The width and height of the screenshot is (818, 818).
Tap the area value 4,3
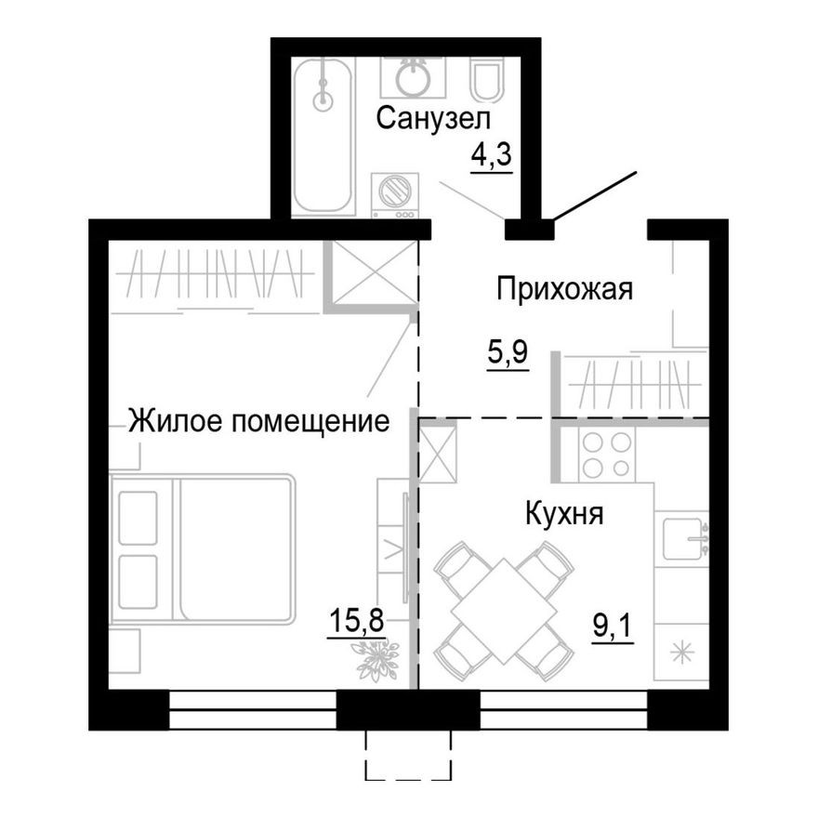tap(492, 154)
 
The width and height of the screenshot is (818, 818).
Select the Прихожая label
tap(563, 289)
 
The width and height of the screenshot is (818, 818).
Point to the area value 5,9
tap(508, 353)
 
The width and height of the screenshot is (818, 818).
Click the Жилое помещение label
tap(257, 421)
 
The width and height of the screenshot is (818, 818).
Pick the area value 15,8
tap(355, 619)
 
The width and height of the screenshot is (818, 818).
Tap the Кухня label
tap(564, 513)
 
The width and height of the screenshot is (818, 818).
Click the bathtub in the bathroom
tap(323, 136)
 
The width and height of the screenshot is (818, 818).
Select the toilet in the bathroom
tap(487, 82)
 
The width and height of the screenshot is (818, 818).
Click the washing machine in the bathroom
tap(395, 195)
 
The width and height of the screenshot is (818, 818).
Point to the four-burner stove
tap(605, 454)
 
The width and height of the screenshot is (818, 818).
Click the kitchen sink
tap(685, 537)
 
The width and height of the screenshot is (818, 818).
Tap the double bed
tap(203, 548)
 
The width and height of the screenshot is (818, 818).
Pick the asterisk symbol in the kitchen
tap(683, 653)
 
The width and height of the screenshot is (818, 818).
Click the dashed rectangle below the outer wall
tap(408, 754)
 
